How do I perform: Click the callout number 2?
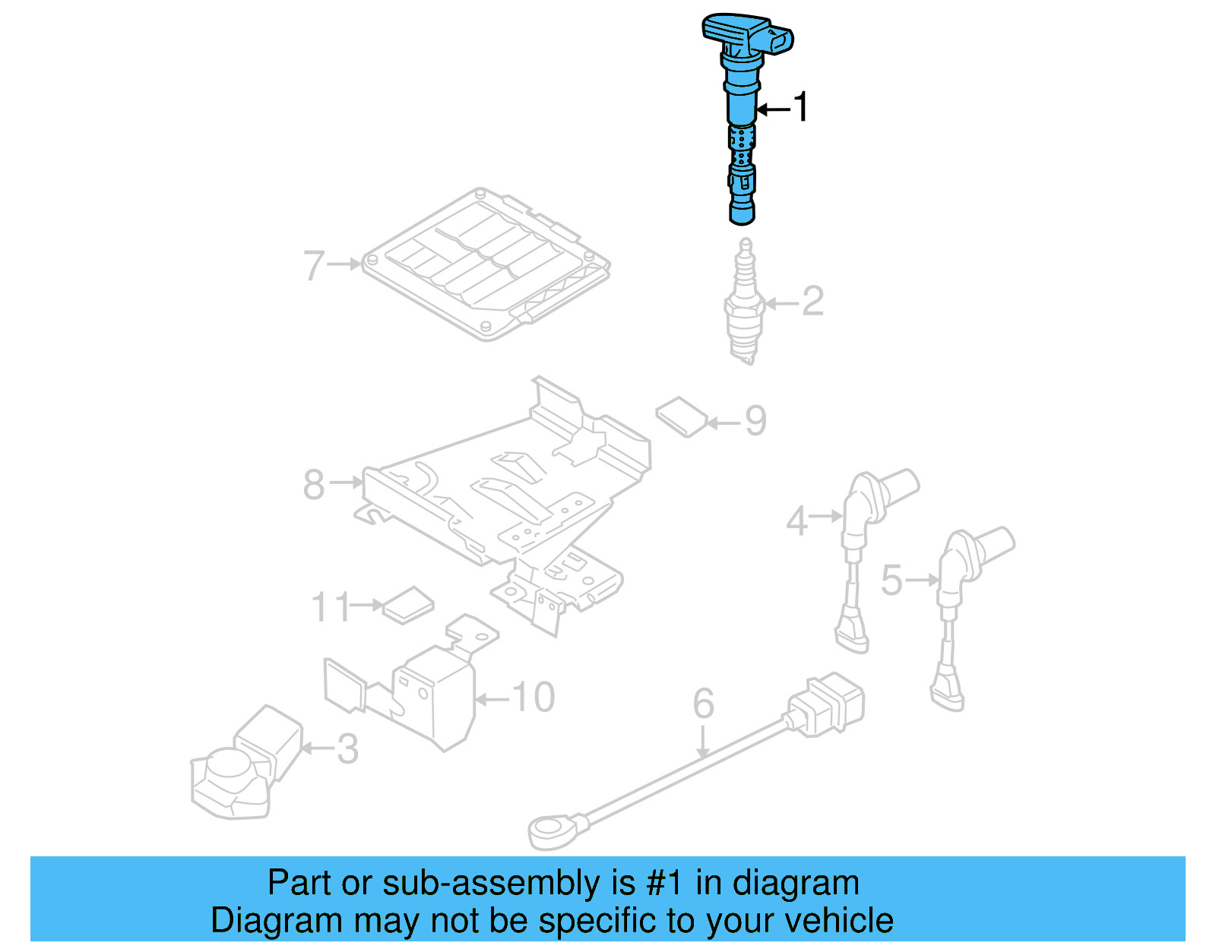pos(812,302)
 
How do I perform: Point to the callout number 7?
pos(314,266)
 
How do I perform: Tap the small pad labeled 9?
pos(682,416)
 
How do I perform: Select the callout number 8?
pos(314,485)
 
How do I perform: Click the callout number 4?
pos(796,521)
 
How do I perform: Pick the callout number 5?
pos(891,581)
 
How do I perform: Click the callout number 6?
pos(703,704)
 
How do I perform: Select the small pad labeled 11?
pos(408,606)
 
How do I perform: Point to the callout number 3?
pos(347,750)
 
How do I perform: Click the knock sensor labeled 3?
pos(236,771)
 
